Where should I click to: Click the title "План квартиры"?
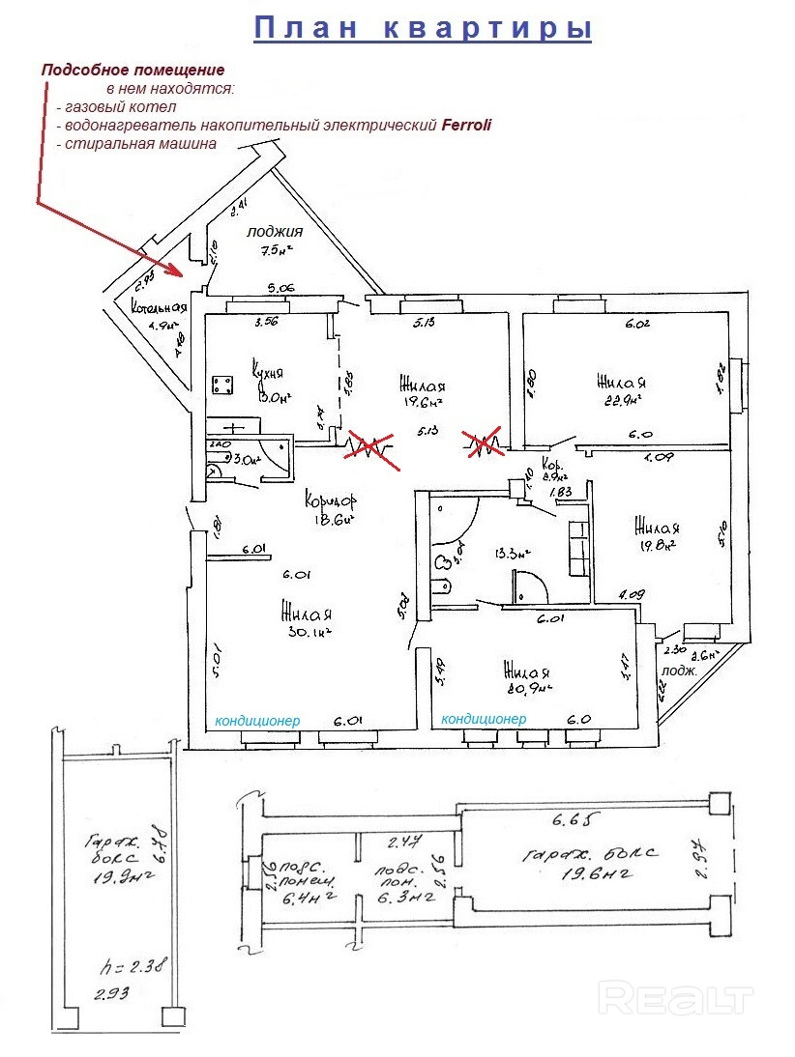[423, 28]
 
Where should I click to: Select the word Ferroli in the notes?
[468, 125]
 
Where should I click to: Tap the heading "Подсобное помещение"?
[132, 70]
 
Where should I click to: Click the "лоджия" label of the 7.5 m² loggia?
[275, 232]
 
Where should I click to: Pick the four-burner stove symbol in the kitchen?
[223, 384]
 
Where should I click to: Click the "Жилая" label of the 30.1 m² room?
[307, 613]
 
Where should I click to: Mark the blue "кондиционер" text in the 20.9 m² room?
[484, 720]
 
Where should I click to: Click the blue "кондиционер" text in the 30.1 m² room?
[257, 721]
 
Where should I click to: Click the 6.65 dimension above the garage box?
[571, 822]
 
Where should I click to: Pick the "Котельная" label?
[159, 313]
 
